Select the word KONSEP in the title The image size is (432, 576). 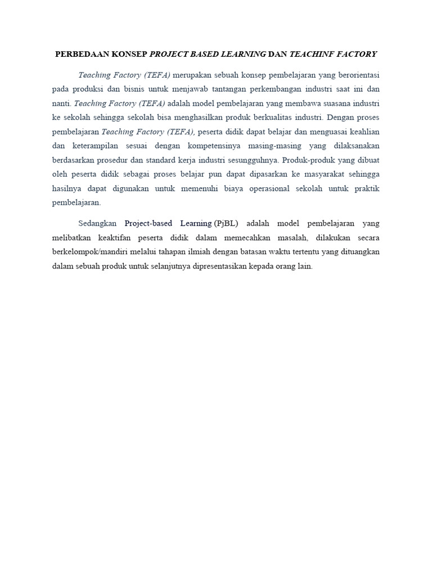coord(128,54)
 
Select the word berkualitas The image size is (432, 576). coord(273,118)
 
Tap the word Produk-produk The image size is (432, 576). coord(309,160)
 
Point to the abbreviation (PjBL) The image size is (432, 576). coord(226,223)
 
